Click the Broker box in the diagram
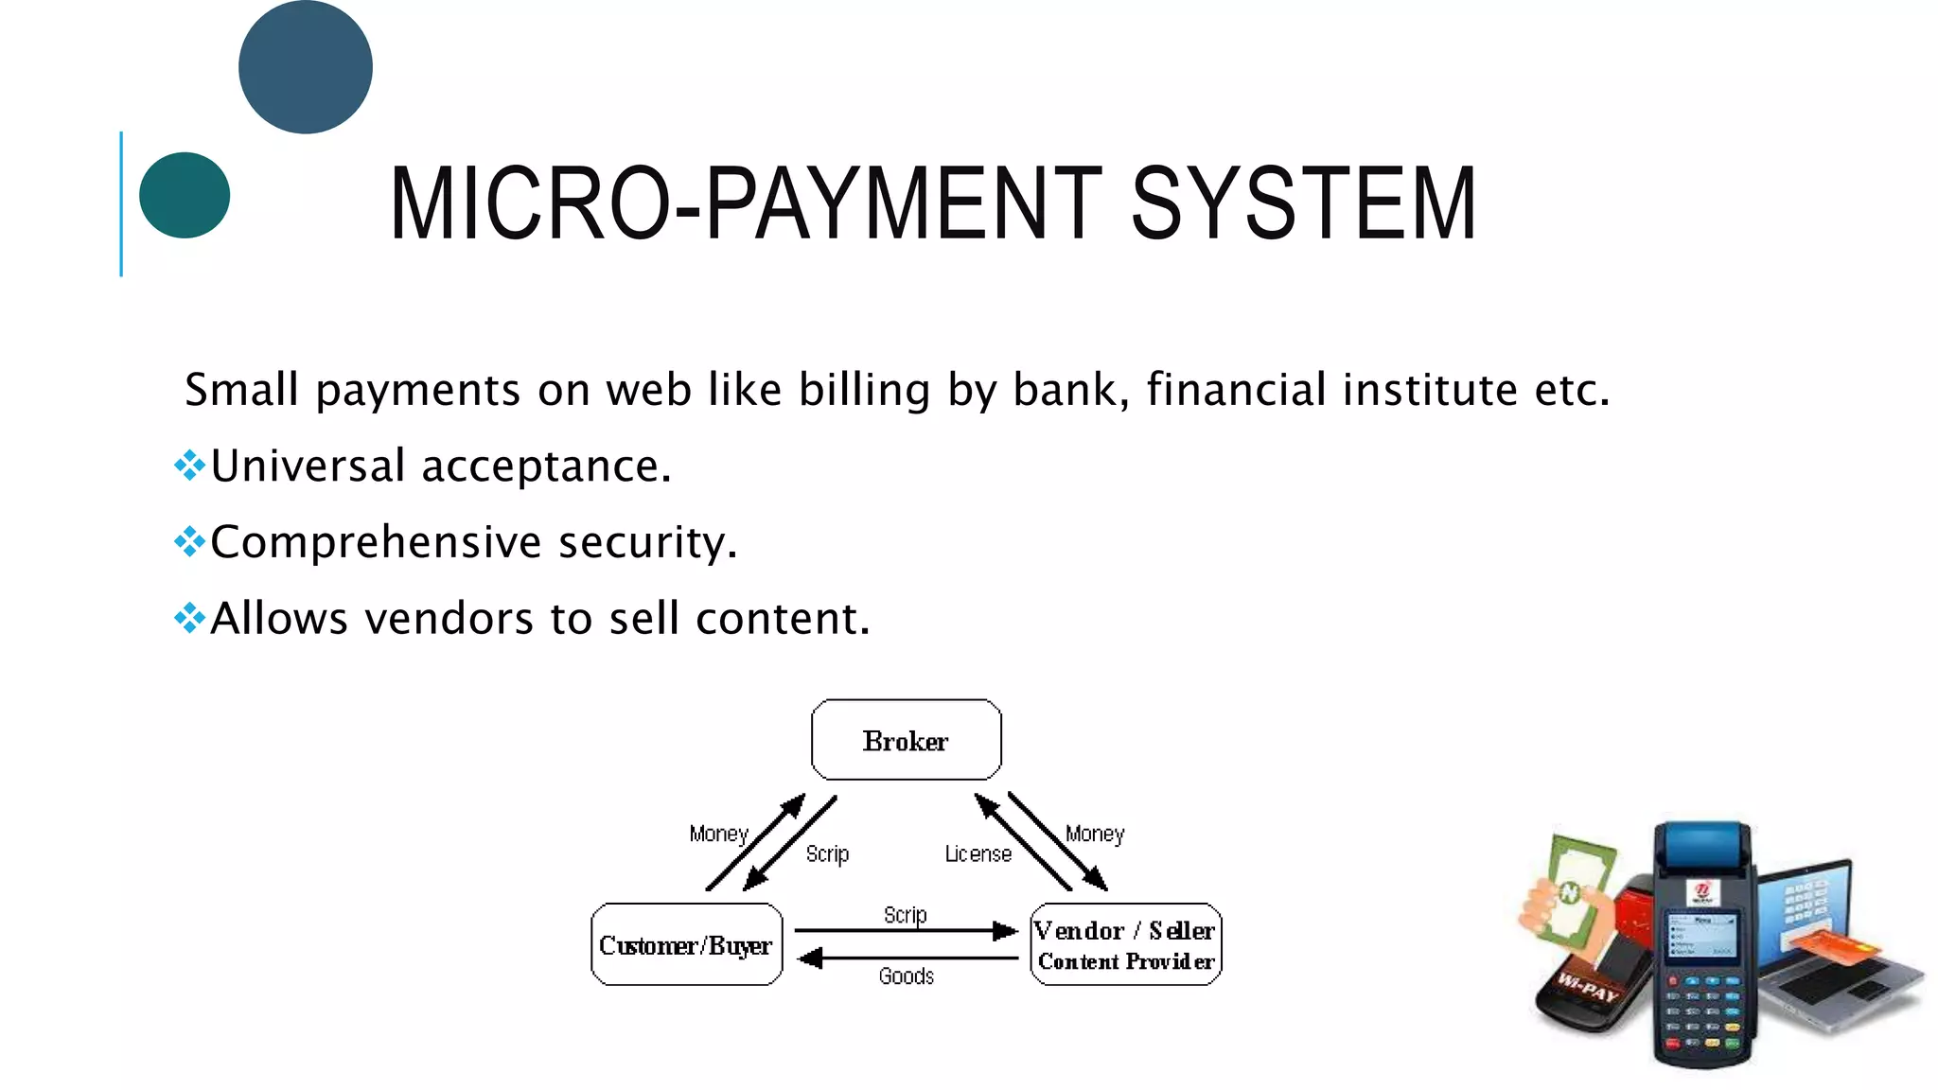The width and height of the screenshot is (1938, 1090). click(906, 740)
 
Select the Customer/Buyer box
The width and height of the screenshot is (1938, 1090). click(686, 944)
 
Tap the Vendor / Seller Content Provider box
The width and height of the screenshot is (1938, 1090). click(1125, 944)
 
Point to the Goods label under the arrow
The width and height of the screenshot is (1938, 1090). click(906, 976)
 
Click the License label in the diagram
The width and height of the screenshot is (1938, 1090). click(978, 854)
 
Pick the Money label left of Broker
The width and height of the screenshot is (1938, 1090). click(718, 834)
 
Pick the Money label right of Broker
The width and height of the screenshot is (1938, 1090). click(1095, 834)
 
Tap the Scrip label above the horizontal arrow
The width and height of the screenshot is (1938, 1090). click(905, 915)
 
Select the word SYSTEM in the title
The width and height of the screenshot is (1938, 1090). click(1303, 203)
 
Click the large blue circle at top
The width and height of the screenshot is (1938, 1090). click(306, 67)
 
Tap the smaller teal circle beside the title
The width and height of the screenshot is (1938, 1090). click(185, 195)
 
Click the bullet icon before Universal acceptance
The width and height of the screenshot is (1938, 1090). click(189, 465)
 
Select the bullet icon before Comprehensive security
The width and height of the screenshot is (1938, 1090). click(189, 541)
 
